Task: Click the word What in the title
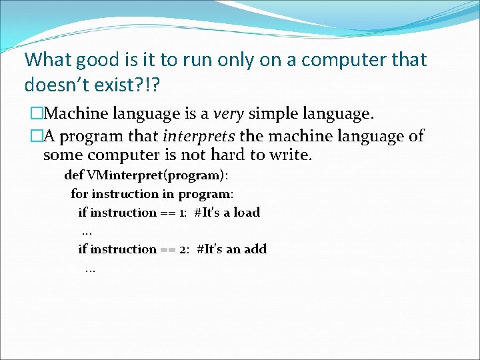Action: pos(49,59)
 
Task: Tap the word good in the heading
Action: pos(101,60)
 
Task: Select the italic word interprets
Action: pos(198,137)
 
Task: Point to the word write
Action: pos(290,156)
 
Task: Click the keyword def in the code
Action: pos(74,176)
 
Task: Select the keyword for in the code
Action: pos(79,194)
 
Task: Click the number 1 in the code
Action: pos(182,213)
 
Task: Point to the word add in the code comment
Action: pos(255,249)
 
